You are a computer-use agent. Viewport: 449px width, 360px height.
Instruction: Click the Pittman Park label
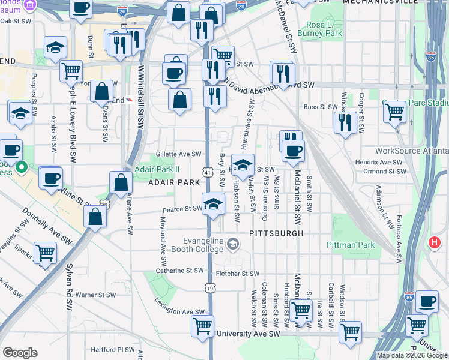pyautogui.click(x=351, y=245)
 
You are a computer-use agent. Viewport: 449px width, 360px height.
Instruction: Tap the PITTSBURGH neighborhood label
pyautogui.click(x=274, y=232)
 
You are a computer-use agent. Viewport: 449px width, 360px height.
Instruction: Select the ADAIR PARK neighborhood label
pyautogui.click(x=174, y=182)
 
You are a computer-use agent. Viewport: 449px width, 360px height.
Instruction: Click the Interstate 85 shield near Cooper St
pyautogui.click(x=431, y=56)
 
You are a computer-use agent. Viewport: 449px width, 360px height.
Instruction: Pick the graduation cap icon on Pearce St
pyautogui.click(x=213, y=204)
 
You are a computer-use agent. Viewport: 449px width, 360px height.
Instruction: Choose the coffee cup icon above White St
pyautogui.click(x=51, y=178)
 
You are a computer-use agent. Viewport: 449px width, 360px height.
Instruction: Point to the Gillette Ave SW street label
pyautogui.click(x=179, y=154)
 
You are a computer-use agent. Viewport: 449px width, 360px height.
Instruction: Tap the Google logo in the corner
pyautogui.click(x=20, y=353)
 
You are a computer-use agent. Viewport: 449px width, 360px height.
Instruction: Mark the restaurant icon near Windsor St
pyautogui.click(x=345, y=122)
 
